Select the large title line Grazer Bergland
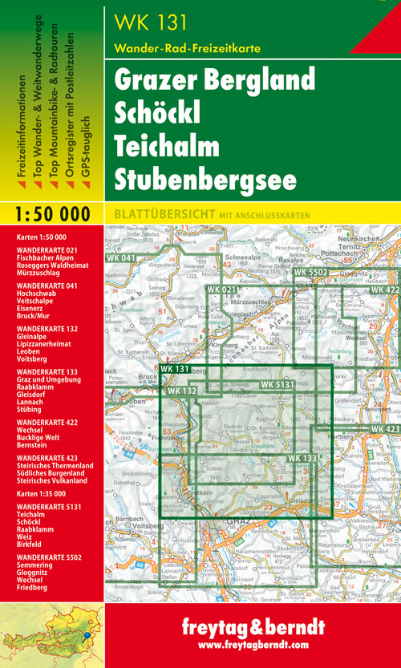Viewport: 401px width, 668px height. pos(214,80)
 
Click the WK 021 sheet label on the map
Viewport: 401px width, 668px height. pos(222,289)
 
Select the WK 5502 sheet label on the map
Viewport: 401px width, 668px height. pos(312,273)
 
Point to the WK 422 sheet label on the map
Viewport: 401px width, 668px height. pos(385,289)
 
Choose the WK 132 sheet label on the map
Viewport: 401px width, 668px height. pos(184,391)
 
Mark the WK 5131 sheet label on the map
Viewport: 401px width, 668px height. pos(281,386)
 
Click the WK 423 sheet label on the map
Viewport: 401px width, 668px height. pos(385,430)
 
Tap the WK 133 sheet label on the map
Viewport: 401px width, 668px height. pos(302,458)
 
